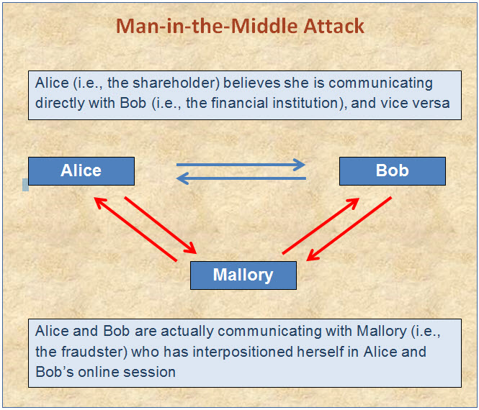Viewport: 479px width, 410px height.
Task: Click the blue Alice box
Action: click(81, 171)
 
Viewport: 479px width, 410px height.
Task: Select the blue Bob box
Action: click(393, 171)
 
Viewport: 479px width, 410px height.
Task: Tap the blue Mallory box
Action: click(243, 275)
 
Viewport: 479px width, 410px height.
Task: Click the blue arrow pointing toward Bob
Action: click(241, 165)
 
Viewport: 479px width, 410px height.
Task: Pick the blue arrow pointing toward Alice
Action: click(241, 178)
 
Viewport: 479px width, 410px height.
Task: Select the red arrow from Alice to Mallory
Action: click(161, 225)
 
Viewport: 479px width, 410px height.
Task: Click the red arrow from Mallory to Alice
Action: click(135, 229)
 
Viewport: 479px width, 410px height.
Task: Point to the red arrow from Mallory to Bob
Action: click(321, 226)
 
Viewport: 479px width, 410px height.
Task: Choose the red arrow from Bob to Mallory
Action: click(349, 229)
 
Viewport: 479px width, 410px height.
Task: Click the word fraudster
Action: click(94, 352)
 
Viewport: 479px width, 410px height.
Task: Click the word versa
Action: click(431, 104)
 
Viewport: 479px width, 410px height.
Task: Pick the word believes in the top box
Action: click(251, 83)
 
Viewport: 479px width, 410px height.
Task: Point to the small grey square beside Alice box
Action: click(26, 185)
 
